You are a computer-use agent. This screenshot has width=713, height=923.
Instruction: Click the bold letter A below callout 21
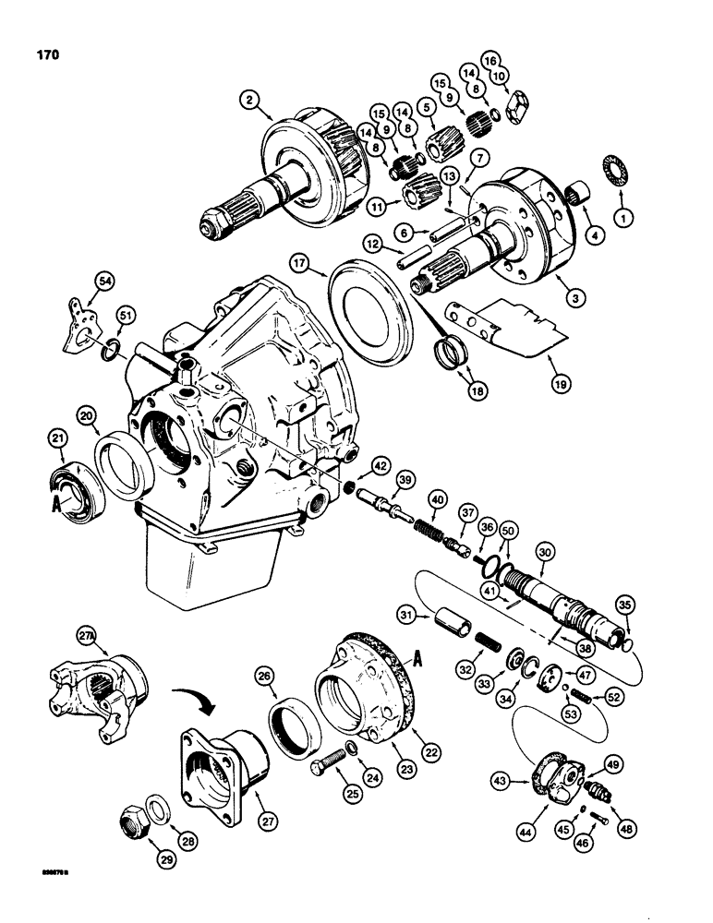click(57, 504)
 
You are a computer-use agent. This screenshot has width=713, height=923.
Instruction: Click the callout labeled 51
click(122, 318)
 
